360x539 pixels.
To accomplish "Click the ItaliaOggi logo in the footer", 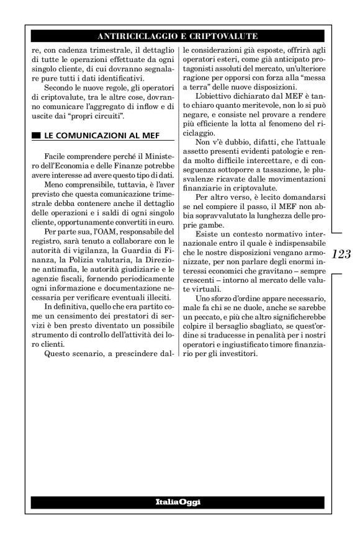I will pyautogui.click(x=180, y=501).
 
